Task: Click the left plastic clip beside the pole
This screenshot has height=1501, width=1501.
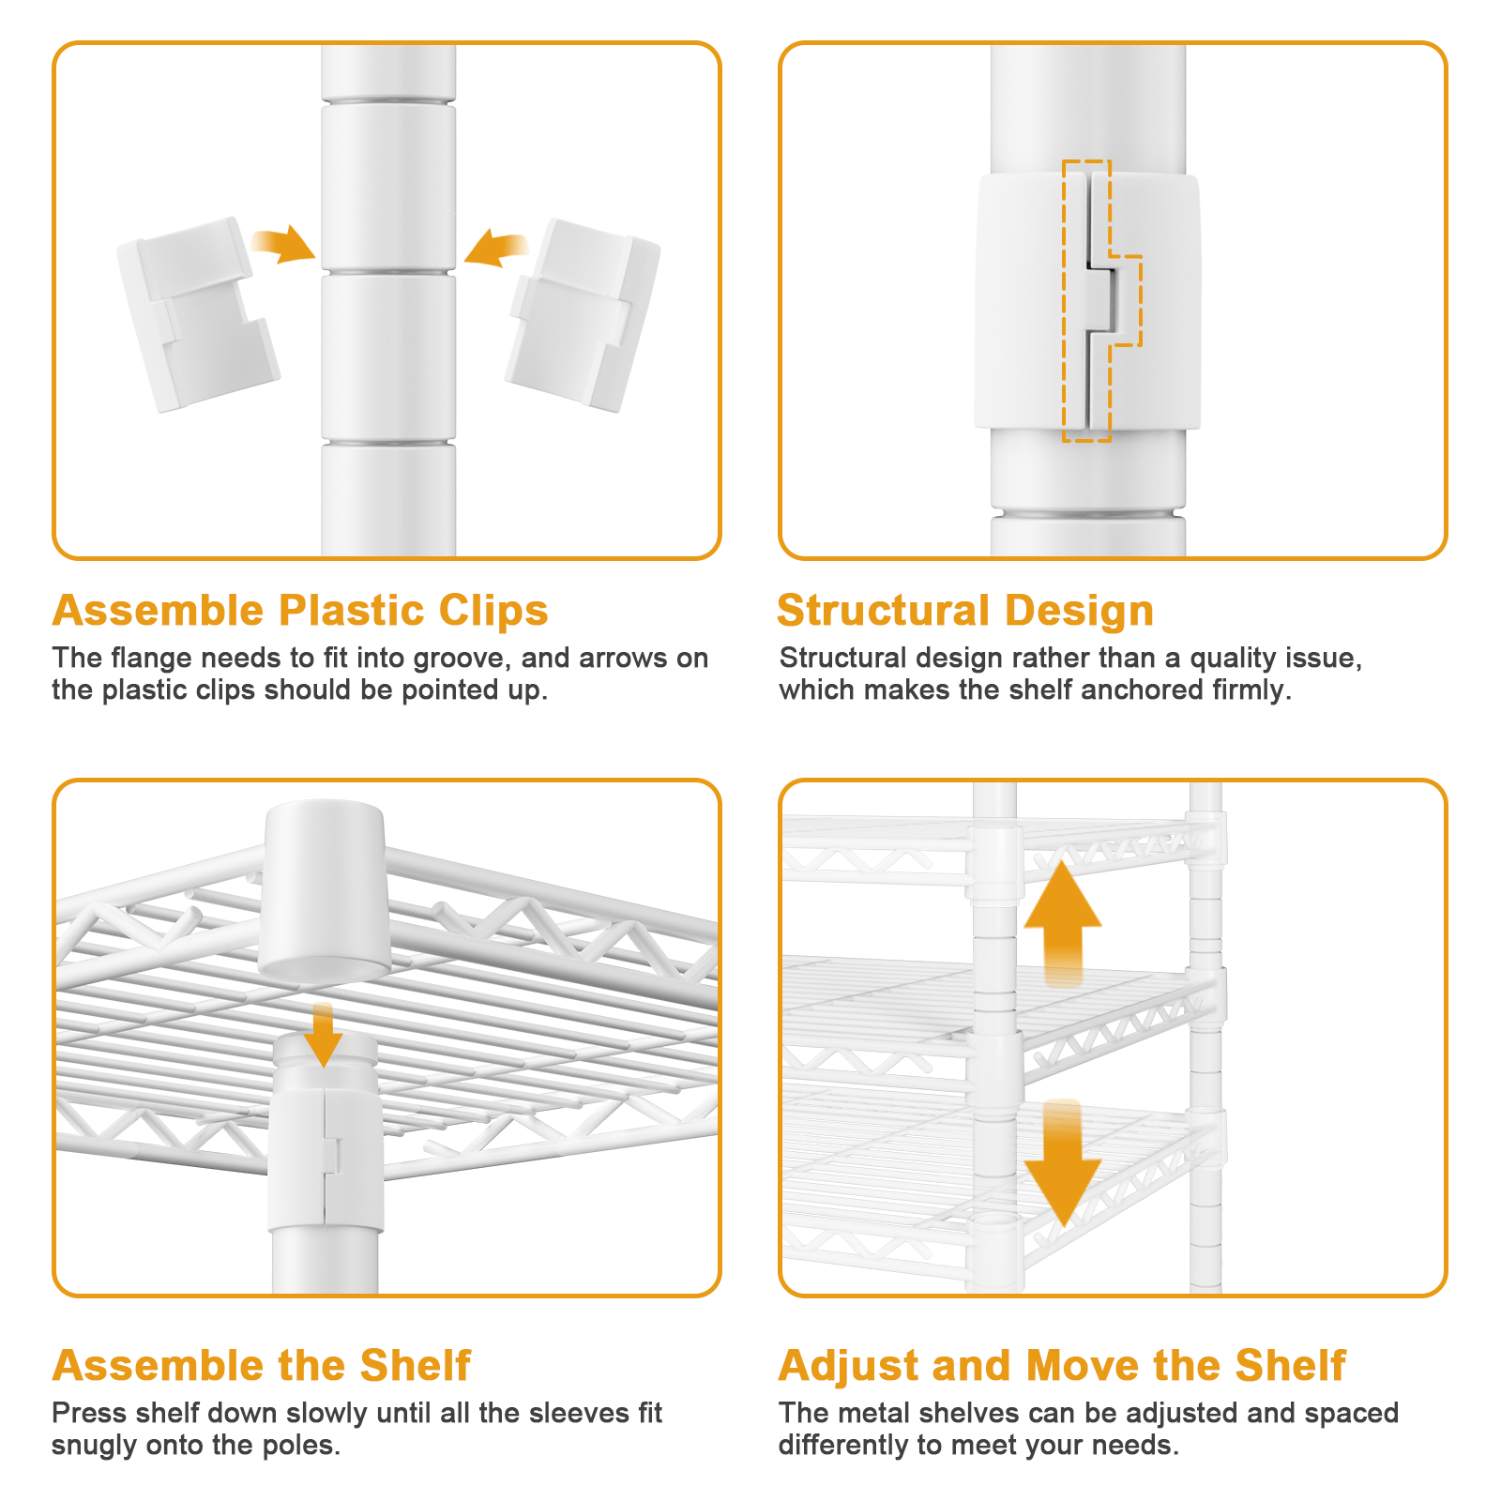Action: coord(197,314)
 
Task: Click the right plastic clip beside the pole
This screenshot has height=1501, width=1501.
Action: coord(584,314)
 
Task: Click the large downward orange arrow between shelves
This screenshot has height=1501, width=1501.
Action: coord(1062,1163)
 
